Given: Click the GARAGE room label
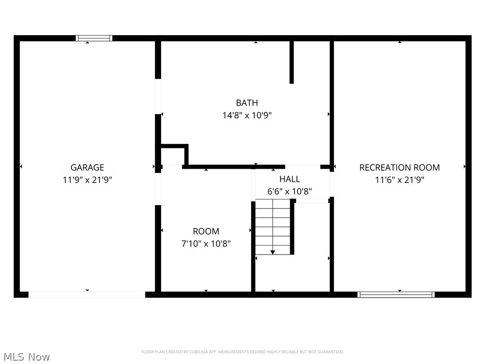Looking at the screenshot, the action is pos(87,167).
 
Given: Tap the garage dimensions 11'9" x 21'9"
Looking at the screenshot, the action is pos(87,180).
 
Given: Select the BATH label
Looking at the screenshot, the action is pos(247,103).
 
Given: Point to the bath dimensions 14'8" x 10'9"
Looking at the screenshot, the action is pos(247,116).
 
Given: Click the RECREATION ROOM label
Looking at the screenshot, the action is pos(399,167).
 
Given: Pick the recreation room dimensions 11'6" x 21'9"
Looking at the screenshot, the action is pos(399,180).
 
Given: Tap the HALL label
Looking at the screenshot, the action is pos(289,179).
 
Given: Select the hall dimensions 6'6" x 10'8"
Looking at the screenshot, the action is pos(289,191).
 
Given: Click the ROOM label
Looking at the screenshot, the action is pos(206,231).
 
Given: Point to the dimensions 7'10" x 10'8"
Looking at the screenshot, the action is pos(206,244).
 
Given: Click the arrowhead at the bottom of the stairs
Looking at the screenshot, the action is pos(272,252).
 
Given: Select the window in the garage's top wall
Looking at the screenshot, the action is pos(94,38).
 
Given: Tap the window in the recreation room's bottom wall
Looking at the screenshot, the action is pos(396,294).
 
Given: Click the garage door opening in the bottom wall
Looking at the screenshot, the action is pos(87,295).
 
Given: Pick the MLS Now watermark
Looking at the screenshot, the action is pos(27,357).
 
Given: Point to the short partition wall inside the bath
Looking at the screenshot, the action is pos(291,62).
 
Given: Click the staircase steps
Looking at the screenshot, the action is pos(272,227).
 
